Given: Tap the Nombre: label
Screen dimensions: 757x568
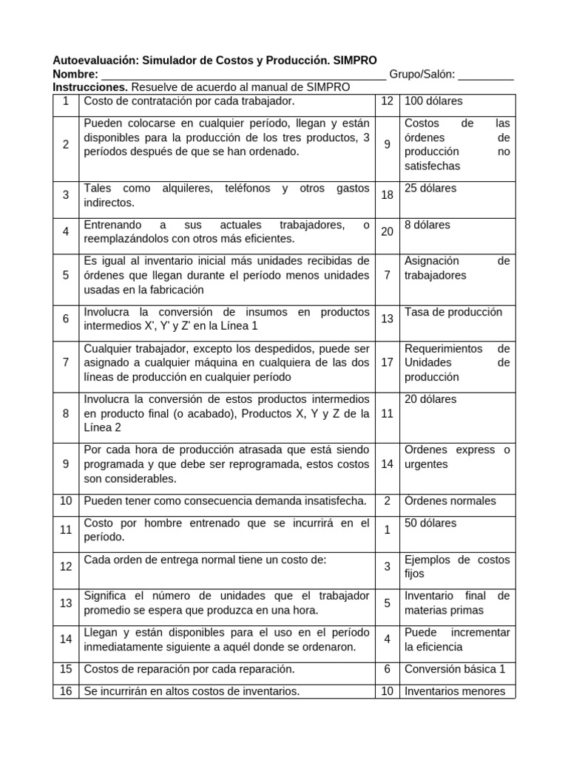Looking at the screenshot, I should (75, 74).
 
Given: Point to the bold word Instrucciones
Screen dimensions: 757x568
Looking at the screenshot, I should (91, 87).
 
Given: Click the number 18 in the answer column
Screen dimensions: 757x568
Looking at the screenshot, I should (387, 195).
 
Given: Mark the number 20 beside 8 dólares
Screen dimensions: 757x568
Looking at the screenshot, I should (387, 231).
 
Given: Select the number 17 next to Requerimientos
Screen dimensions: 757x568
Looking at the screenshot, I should (387, 362).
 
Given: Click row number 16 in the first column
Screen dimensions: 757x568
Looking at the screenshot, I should (66, 691).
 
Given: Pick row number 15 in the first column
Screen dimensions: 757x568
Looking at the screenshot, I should (66, 669).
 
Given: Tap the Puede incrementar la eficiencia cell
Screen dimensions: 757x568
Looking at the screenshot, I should (457, 639).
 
